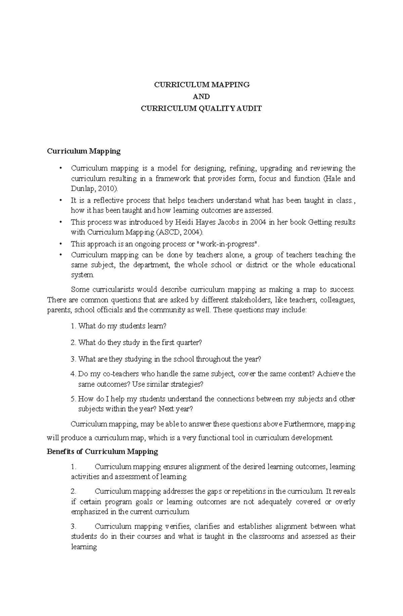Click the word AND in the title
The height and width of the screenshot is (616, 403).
(201, 97)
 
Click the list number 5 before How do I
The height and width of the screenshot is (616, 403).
(73, 399)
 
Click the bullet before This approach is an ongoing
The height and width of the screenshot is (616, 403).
(61, 244)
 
